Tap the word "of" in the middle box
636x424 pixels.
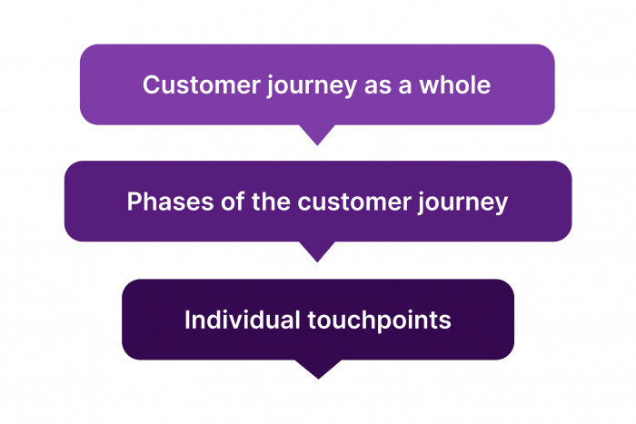click(x=216, y=202)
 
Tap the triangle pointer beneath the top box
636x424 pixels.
click(x=318, y=134)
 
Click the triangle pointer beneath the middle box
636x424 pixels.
click(x=318, y=251)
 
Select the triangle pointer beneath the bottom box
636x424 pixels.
click(x=318, y=369)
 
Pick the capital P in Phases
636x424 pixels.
click(x=134, y=202)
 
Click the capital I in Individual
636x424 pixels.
click(x=187, y=320)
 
